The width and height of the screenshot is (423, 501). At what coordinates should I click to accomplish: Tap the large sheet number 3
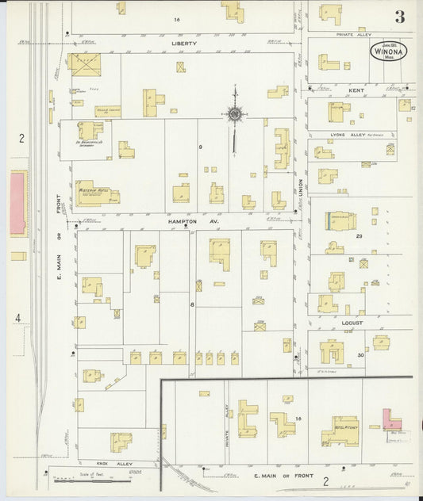click(x=399, y=16)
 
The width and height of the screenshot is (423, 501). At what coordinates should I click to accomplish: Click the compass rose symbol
click(x=236, y=116)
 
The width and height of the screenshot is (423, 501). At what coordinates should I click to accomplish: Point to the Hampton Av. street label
click(x=182, y=223)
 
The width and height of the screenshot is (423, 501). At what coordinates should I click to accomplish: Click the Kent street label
click(x=355, y=91)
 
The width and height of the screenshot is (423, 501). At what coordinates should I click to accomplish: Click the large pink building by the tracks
click(x=18, y=202)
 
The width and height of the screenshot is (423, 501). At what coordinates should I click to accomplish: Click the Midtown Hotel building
click(x=96, y=193)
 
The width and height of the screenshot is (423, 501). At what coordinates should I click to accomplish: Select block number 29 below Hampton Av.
click(x=359, y=236)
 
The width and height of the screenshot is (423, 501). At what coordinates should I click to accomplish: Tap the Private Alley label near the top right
click(x=355, y=35)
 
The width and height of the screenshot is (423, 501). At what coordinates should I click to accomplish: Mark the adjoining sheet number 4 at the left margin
click(x=17, y=319)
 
